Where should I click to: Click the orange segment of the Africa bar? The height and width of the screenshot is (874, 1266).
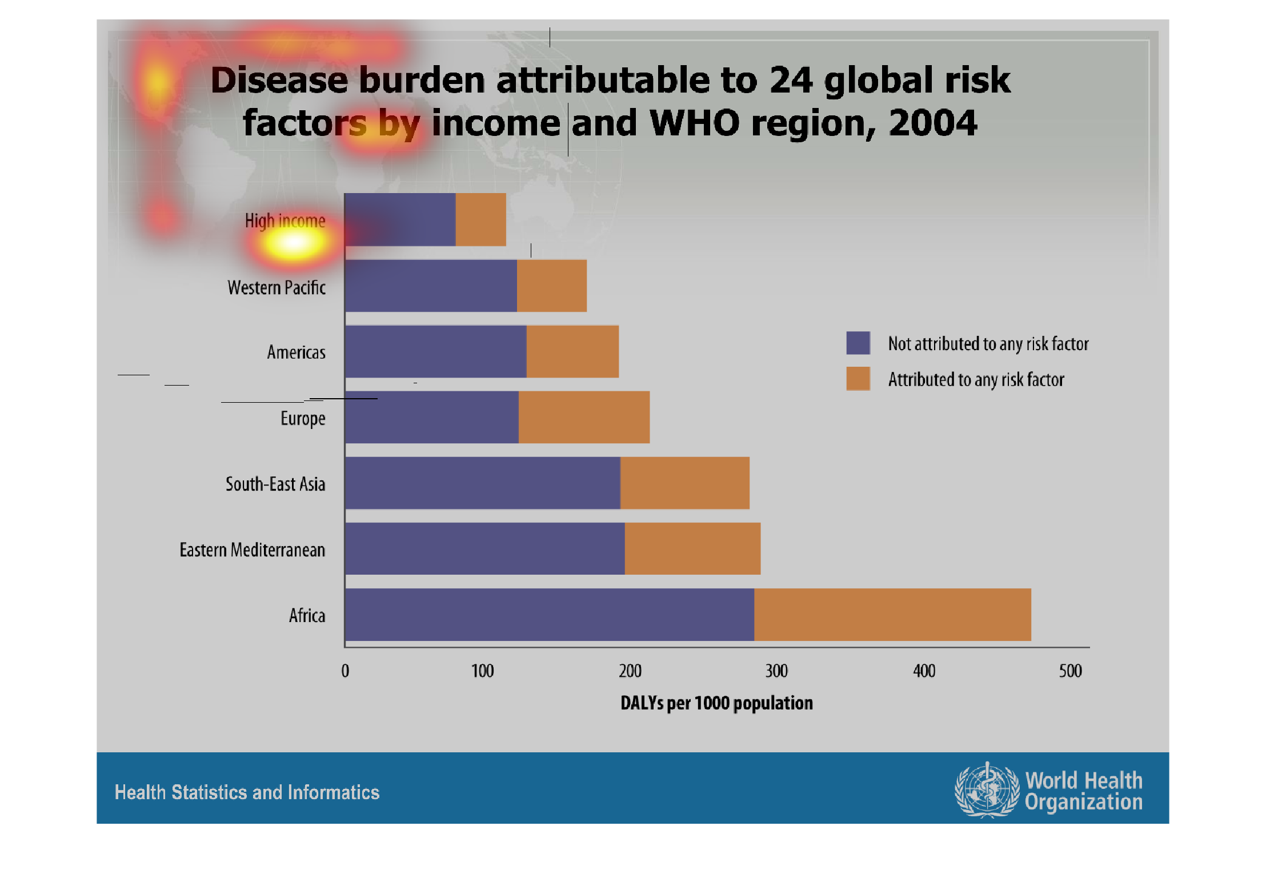click(892, 615)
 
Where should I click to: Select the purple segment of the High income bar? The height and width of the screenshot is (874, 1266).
click(400, 220)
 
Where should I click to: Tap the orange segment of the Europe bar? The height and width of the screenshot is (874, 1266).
click(583, 417)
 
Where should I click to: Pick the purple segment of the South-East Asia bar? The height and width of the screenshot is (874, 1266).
click(482, 483)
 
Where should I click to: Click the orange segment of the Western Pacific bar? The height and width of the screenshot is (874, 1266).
click(551, 286)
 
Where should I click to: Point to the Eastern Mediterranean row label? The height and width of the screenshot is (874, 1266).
click(252, 550)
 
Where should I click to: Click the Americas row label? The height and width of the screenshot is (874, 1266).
click(296, 352)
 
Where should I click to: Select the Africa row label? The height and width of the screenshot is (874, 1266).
click(307, 615)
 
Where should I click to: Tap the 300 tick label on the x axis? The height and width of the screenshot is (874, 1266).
click(776, 671)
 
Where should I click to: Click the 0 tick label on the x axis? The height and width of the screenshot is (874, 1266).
click(345, 671)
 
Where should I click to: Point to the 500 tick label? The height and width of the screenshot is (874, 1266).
click(1070, 671)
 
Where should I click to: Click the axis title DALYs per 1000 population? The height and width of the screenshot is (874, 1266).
click(716, 703)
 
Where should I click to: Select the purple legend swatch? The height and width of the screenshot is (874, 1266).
click(858, 343)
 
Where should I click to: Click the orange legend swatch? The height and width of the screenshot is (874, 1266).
click(858, 379)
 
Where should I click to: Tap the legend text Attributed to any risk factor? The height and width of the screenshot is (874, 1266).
click(976, 379)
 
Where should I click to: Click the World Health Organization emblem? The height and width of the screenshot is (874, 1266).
click(987, 790)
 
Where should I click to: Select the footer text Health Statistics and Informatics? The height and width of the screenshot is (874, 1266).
click(247, 792)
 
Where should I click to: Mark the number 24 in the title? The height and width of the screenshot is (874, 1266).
click(791, 80)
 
